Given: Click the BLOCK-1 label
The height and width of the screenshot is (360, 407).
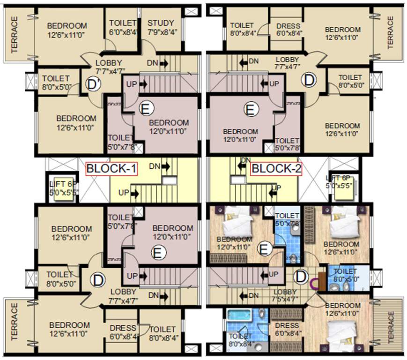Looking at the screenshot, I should (111, 168).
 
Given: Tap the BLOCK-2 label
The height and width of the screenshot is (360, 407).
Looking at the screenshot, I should (276, 168).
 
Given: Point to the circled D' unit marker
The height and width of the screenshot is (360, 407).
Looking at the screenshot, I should (93, 85).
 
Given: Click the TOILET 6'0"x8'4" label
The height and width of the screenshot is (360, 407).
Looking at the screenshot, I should (123, 28).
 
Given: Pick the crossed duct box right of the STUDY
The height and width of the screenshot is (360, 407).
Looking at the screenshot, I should (191, 12).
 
